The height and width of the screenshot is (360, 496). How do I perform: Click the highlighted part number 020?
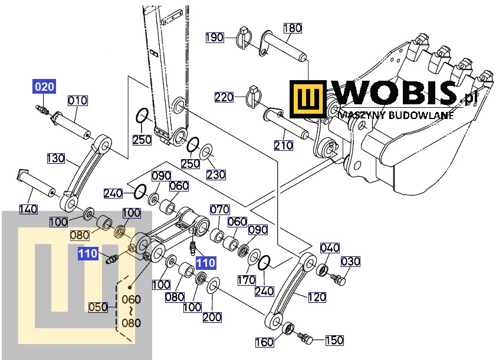(44, 87)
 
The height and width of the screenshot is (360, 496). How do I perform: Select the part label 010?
(77, 101)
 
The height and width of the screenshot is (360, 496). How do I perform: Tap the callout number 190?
(215, 38)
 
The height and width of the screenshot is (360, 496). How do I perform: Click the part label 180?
(292, 28)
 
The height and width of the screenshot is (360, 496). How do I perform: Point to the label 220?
(224, 97)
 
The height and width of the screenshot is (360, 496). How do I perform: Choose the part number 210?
(284, 145)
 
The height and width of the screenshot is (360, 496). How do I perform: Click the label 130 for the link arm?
(56, 158)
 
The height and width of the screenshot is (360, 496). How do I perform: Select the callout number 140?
(28, 209)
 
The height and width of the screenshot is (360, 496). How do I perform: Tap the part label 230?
(216, 174)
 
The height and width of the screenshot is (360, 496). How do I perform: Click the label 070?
(219, 209)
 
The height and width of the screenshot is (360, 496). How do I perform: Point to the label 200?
(212, 317)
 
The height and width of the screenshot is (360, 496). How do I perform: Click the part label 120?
(316, 298)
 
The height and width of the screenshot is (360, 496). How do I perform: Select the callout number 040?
(330, 247)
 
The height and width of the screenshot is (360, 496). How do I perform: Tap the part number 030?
(350, 262)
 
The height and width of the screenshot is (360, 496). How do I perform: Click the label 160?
(264, 342)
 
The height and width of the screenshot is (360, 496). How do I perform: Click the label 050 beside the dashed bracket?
(98, 306)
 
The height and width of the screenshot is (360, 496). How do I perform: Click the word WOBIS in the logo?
(393, 94)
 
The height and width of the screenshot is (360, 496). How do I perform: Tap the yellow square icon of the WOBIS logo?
(308, 99)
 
